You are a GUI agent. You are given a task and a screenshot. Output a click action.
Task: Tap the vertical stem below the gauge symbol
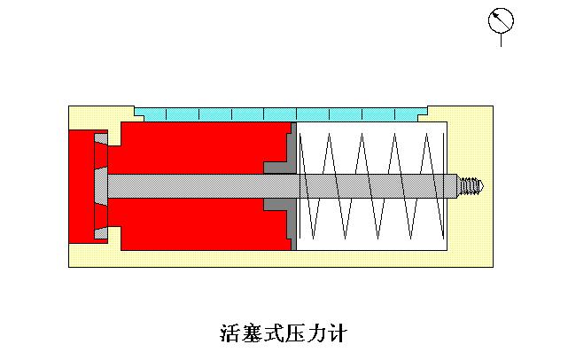click(x=501, y=39)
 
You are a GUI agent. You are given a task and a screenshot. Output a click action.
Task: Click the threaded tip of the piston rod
click(x=471, y=186)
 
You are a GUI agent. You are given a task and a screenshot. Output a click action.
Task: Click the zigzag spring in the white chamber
click(x=372, y=186)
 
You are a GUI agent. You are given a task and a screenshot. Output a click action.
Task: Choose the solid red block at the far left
click(x=80, y=186)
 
